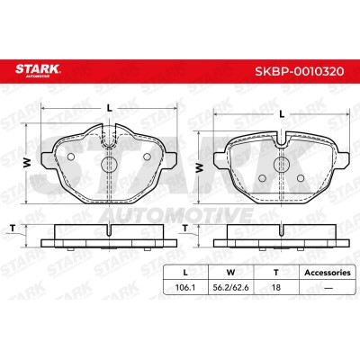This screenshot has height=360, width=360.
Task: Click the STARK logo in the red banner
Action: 38,70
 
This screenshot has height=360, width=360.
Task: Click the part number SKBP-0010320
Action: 299,71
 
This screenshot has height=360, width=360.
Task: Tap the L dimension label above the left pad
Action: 110,109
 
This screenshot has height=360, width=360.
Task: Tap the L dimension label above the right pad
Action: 282,114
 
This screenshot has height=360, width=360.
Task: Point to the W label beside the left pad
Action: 27,163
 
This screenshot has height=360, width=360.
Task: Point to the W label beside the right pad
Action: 199,167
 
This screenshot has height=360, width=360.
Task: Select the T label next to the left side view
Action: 13,229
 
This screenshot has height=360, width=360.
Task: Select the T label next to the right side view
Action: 185,229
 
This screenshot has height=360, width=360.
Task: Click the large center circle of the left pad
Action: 109,164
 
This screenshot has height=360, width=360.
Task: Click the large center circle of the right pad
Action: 282,164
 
